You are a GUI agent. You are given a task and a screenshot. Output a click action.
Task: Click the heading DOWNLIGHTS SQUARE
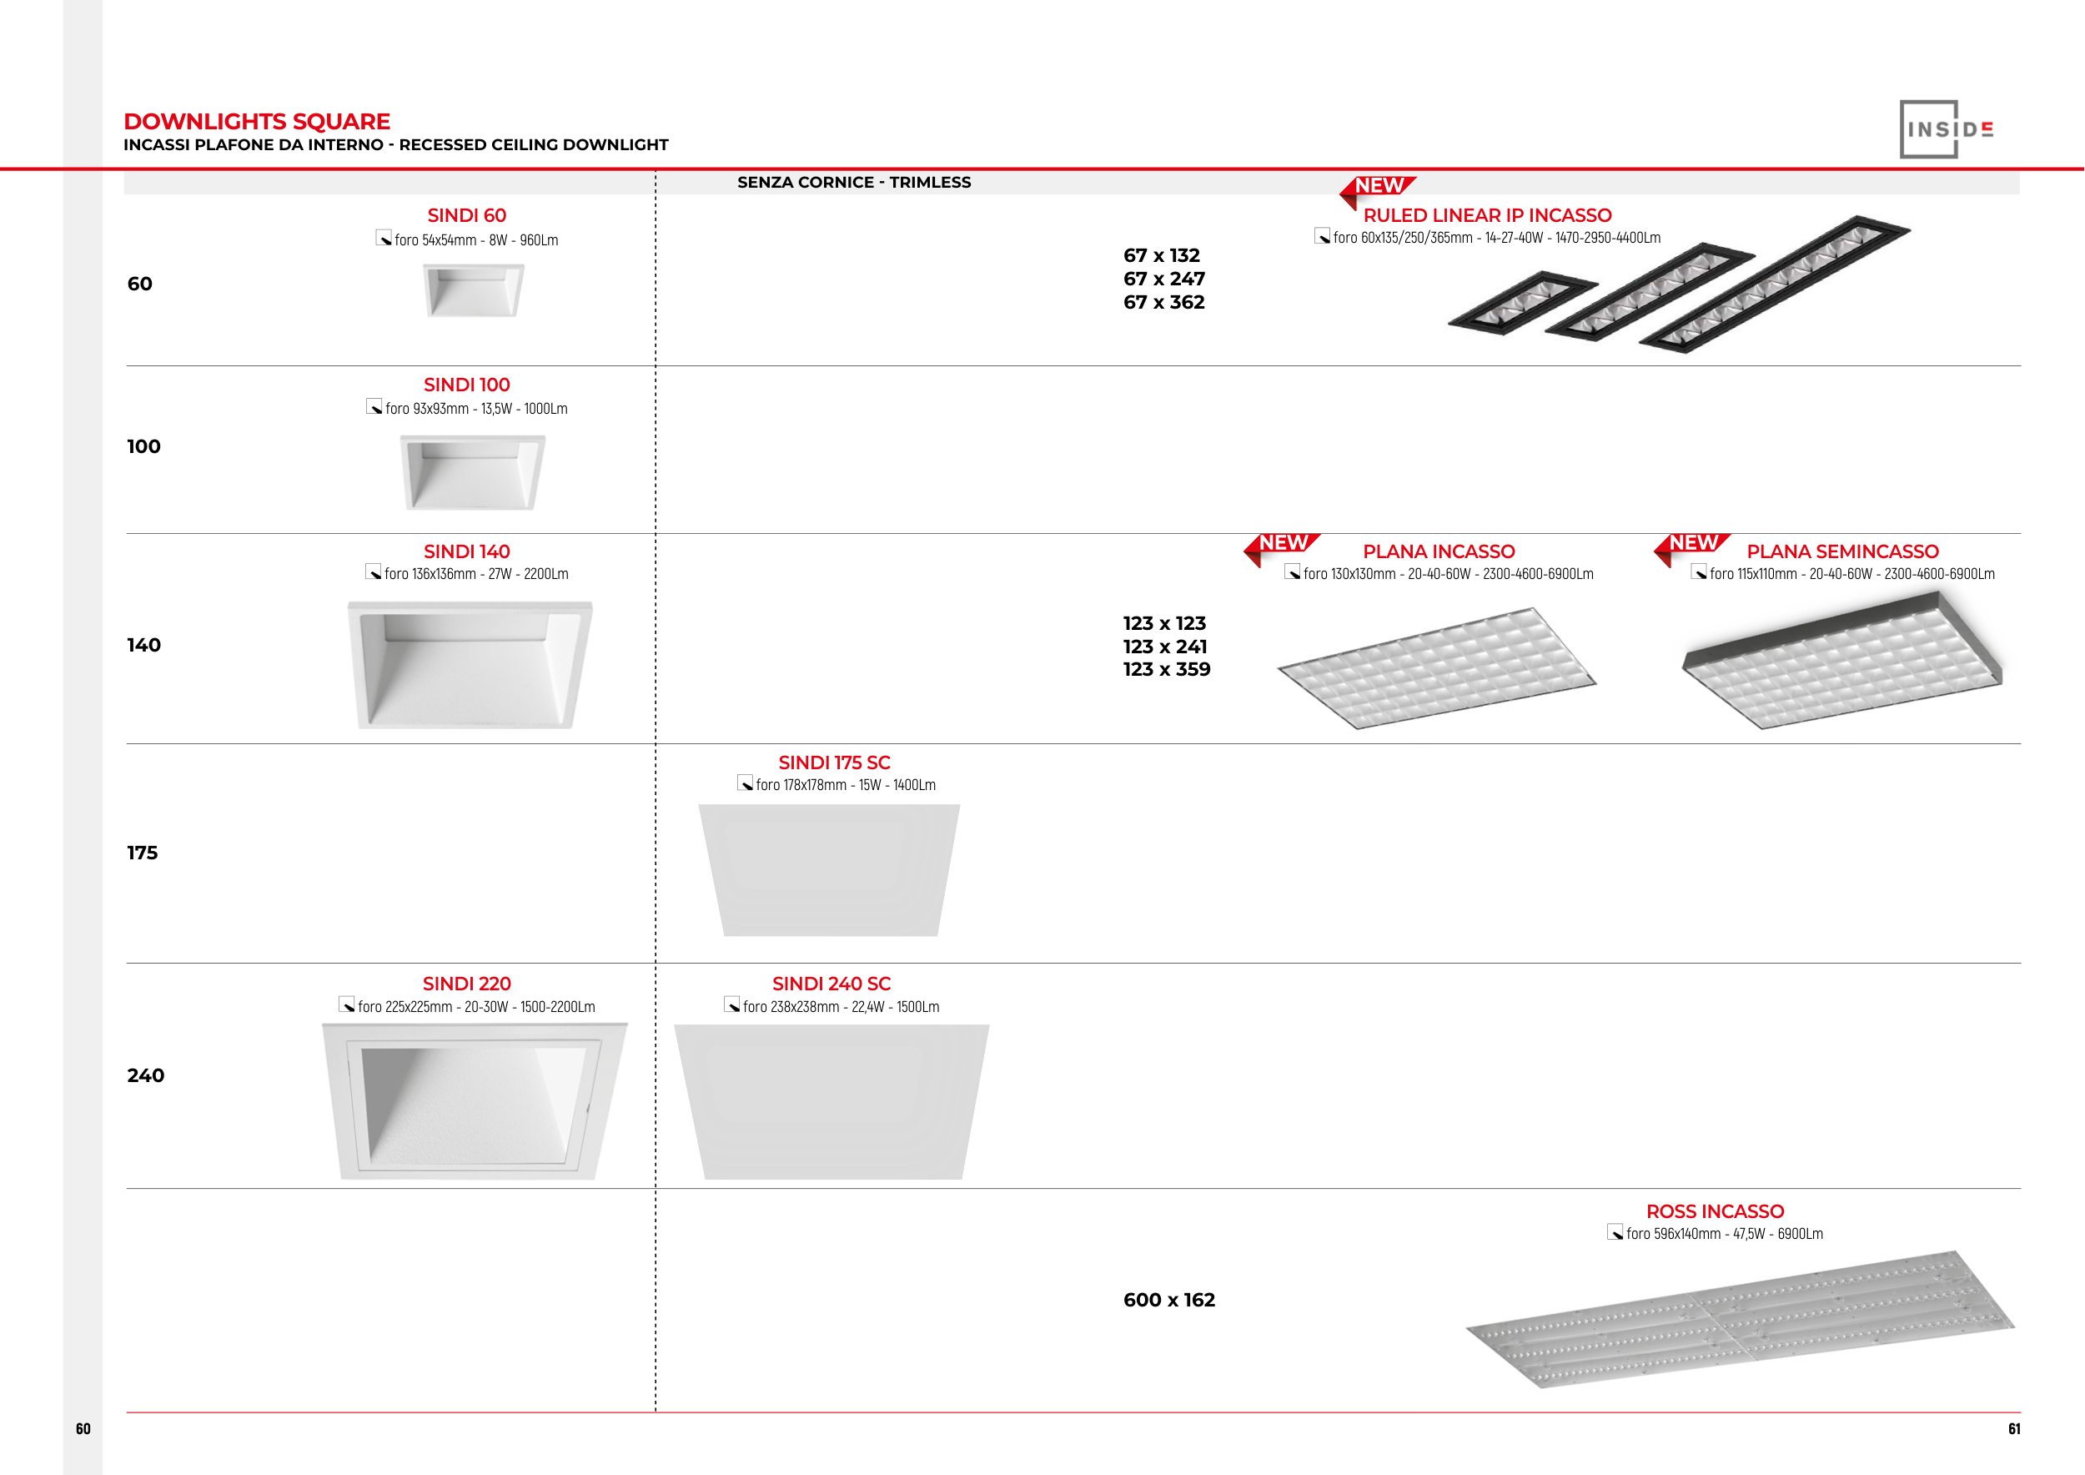(257, 122)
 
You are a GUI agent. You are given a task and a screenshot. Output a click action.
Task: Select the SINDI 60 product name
(467, 215)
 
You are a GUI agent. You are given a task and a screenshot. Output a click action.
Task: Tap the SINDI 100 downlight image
(472, 471)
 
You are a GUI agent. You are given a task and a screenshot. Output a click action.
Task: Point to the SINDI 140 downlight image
(470, 664)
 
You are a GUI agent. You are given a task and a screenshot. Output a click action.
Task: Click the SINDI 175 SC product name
(834, 763)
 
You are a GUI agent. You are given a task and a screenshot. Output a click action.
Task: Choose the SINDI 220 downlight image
(473, 1100)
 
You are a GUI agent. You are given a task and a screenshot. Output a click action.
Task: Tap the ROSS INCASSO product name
(1715, 1211)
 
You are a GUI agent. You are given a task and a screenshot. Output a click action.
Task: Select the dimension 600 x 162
(1168, 1300)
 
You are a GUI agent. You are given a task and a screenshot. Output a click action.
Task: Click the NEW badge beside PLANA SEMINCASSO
(1692, 544)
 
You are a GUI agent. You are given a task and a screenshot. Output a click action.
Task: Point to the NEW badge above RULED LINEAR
(1378, 187)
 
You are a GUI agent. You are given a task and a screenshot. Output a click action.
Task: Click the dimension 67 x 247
(1163, 279)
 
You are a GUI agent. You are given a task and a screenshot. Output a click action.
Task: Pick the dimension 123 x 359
(1166, 669)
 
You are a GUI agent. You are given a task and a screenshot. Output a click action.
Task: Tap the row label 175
(143, 853)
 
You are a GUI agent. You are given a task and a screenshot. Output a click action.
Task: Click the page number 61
(2014, 1428)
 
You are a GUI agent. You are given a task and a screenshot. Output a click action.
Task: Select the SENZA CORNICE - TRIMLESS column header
(854, 183)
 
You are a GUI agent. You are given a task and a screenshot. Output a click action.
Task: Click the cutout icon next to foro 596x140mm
(1615, 1232)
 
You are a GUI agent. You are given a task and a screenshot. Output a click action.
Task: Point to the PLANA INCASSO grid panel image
(1437, 667)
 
